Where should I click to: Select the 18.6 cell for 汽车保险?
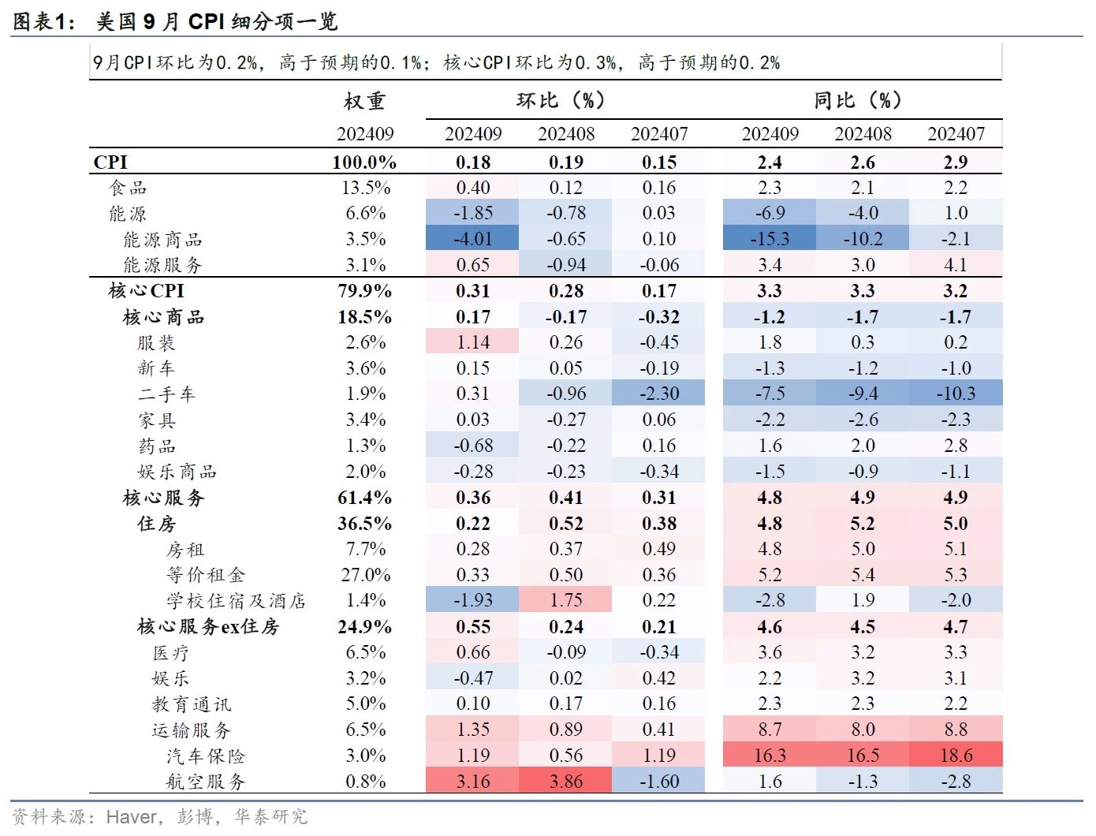956,756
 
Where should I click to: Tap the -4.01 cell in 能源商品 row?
472,239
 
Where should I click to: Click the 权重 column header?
364,101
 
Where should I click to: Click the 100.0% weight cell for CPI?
364,162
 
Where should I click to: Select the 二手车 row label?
166,394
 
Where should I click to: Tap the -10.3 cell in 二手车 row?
956,394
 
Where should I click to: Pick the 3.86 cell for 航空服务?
565,782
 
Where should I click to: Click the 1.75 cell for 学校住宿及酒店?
565,600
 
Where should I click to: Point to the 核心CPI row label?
146,291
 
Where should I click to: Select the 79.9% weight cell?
364,291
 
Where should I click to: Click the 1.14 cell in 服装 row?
472,342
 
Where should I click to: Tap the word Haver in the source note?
132,817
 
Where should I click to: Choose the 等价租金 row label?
206,575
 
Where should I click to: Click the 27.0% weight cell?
365,575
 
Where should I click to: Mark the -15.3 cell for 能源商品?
769,239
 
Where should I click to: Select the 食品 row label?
128,188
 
